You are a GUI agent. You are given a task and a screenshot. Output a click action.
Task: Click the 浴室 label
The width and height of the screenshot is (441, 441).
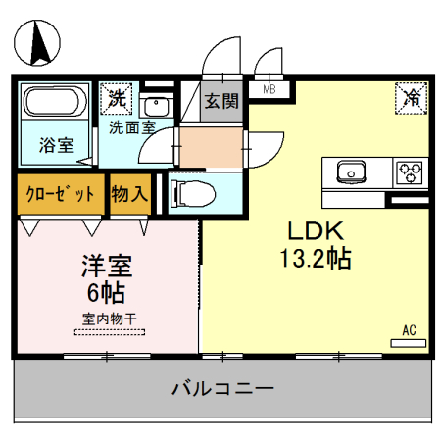pyautogui.click(x=55, y=145)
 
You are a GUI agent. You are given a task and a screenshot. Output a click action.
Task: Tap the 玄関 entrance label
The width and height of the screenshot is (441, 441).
pyautogui.click(x=221, y=99)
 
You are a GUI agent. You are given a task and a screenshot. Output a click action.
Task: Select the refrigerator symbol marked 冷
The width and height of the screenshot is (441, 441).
pyautogui.click(x=413, y=97)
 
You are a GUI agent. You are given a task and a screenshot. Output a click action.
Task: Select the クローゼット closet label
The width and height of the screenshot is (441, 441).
pyautogui.click(x=60, y=193)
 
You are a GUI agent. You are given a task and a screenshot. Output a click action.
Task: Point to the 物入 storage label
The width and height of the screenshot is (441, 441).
pyautogui.click(x=129, y=193)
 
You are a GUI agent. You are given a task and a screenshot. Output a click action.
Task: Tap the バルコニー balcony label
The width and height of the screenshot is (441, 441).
pyautogui.click(x=222, y=388)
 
